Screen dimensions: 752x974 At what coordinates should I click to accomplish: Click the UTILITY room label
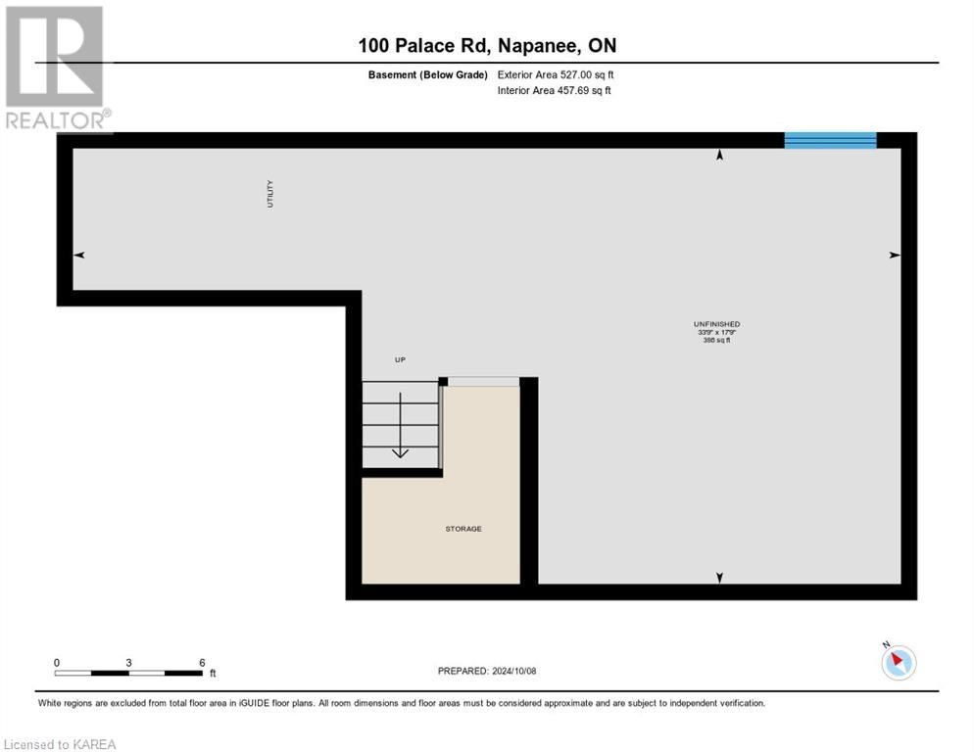270,193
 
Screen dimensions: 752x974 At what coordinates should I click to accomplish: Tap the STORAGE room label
463,529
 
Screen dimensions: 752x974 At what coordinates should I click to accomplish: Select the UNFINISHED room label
716,324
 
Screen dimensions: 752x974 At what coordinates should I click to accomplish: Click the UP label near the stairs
400,360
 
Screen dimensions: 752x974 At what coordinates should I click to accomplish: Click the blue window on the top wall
830,140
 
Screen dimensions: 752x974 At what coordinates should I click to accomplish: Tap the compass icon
898,662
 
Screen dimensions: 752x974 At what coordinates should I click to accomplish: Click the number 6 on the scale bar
202,662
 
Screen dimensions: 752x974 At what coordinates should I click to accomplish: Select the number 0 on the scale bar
57,662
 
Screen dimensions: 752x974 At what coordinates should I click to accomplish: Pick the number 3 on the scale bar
129,662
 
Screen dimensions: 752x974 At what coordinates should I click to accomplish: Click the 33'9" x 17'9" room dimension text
716,332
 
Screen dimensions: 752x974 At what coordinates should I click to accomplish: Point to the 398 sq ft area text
716,340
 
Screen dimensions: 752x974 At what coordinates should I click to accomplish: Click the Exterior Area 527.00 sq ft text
556,74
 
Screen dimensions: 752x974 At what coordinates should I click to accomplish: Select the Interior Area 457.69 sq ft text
555,91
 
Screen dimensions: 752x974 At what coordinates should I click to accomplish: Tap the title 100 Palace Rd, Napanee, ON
487,45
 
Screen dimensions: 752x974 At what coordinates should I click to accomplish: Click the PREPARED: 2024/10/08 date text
487,671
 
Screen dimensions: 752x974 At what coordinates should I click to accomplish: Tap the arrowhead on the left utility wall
79,255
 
